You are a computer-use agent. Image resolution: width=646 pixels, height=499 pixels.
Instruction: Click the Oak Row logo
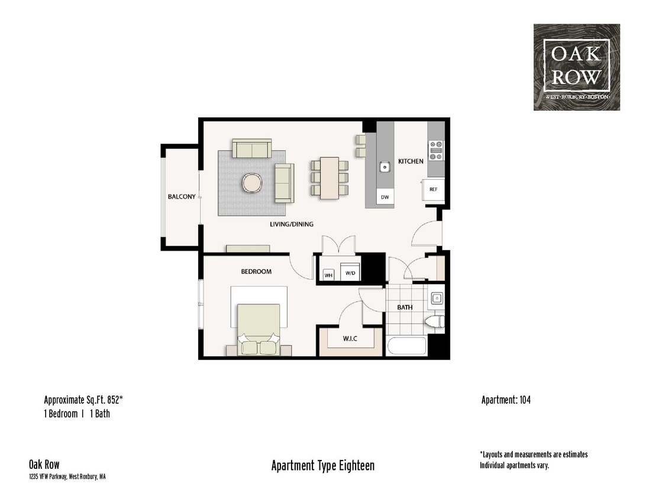point(576,67)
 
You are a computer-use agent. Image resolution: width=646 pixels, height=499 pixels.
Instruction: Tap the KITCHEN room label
point(410,161)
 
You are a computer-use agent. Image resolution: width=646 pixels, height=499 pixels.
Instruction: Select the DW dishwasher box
point(385,197)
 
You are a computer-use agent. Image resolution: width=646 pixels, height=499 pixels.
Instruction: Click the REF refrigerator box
point(433,189)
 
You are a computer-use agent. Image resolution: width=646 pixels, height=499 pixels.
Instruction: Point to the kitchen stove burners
point(436,150)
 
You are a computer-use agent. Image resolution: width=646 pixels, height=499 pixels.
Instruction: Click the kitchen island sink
point(385,167)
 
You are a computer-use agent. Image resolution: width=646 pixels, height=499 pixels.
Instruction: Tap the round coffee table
point(252,183)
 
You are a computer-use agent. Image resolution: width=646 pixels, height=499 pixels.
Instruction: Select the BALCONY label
point(181,197)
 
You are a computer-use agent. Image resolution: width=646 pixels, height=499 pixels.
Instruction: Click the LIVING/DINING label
point(291,224)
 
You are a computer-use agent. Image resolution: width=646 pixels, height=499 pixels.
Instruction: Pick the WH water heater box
point(328,274)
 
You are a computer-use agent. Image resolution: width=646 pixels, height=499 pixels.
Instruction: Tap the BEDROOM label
point(256,271)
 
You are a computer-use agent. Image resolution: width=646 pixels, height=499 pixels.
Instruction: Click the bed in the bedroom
point(259,328)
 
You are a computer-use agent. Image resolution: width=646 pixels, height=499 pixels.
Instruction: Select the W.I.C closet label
point(350,339)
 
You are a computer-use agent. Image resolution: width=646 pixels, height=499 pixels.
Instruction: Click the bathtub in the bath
point(406,345)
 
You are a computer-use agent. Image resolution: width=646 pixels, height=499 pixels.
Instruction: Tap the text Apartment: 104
point(505,400)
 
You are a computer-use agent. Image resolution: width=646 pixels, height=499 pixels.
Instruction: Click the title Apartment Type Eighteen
point(322,466)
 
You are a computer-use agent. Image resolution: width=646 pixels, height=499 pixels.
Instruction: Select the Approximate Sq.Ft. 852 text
point(83,400)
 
